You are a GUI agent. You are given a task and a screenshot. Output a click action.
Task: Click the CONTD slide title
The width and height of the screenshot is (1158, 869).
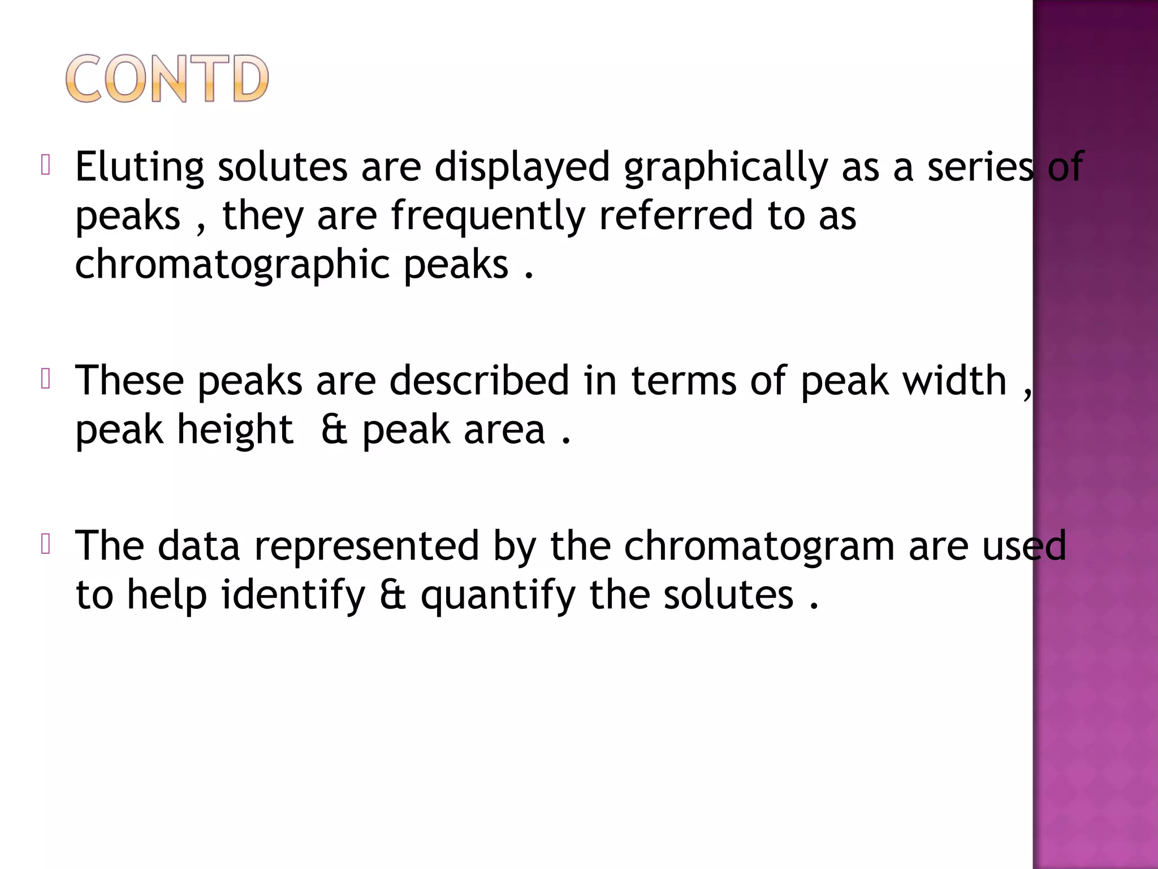coord(167,79)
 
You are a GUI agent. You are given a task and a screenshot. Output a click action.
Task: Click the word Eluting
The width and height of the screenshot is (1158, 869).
coord(140,167)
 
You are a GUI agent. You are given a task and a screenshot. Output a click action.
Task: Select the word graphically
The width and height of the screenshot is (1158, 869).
coord(725,167)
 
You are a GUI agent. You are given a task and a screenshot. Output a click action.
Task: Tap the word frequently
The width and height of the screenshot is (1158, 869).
coord(488,216)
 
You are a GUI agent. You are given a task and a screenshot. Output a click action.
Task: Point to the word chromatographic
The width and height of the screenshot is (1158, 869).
coord(232,265)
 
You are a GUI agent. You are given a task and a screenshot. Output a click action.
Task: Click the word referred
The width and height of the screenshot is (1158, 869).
coord(676,216)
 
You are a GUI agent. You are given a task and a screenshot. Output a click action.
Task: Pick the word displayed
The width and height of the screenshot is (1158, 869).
coord(522,167)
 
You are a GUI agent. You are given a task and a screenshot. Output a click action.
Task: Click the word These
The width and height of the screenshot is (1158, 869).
coord(129,380)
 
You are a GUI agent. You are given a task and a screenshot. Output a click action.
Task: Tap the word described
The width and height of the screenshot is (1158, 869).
coord(479,380)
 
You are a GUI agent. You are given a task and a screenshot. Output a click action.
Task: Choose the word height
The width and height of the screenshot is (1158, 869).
coord(235,430)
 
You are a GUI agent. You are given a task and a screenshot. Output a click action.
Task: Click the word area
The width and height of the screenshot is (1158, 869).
coord(504,430)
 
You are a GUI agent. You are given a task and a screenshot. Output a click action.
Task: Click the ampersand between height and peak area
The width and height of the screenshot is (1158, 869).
coord(334,430)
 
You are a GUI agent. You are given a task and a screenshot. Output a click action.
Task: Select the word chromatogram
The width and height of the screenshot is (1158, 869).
coord(759,546)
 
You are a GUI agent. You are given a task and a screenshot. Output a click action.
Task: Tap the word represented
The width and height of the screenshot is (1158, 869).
coord(366,546)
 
